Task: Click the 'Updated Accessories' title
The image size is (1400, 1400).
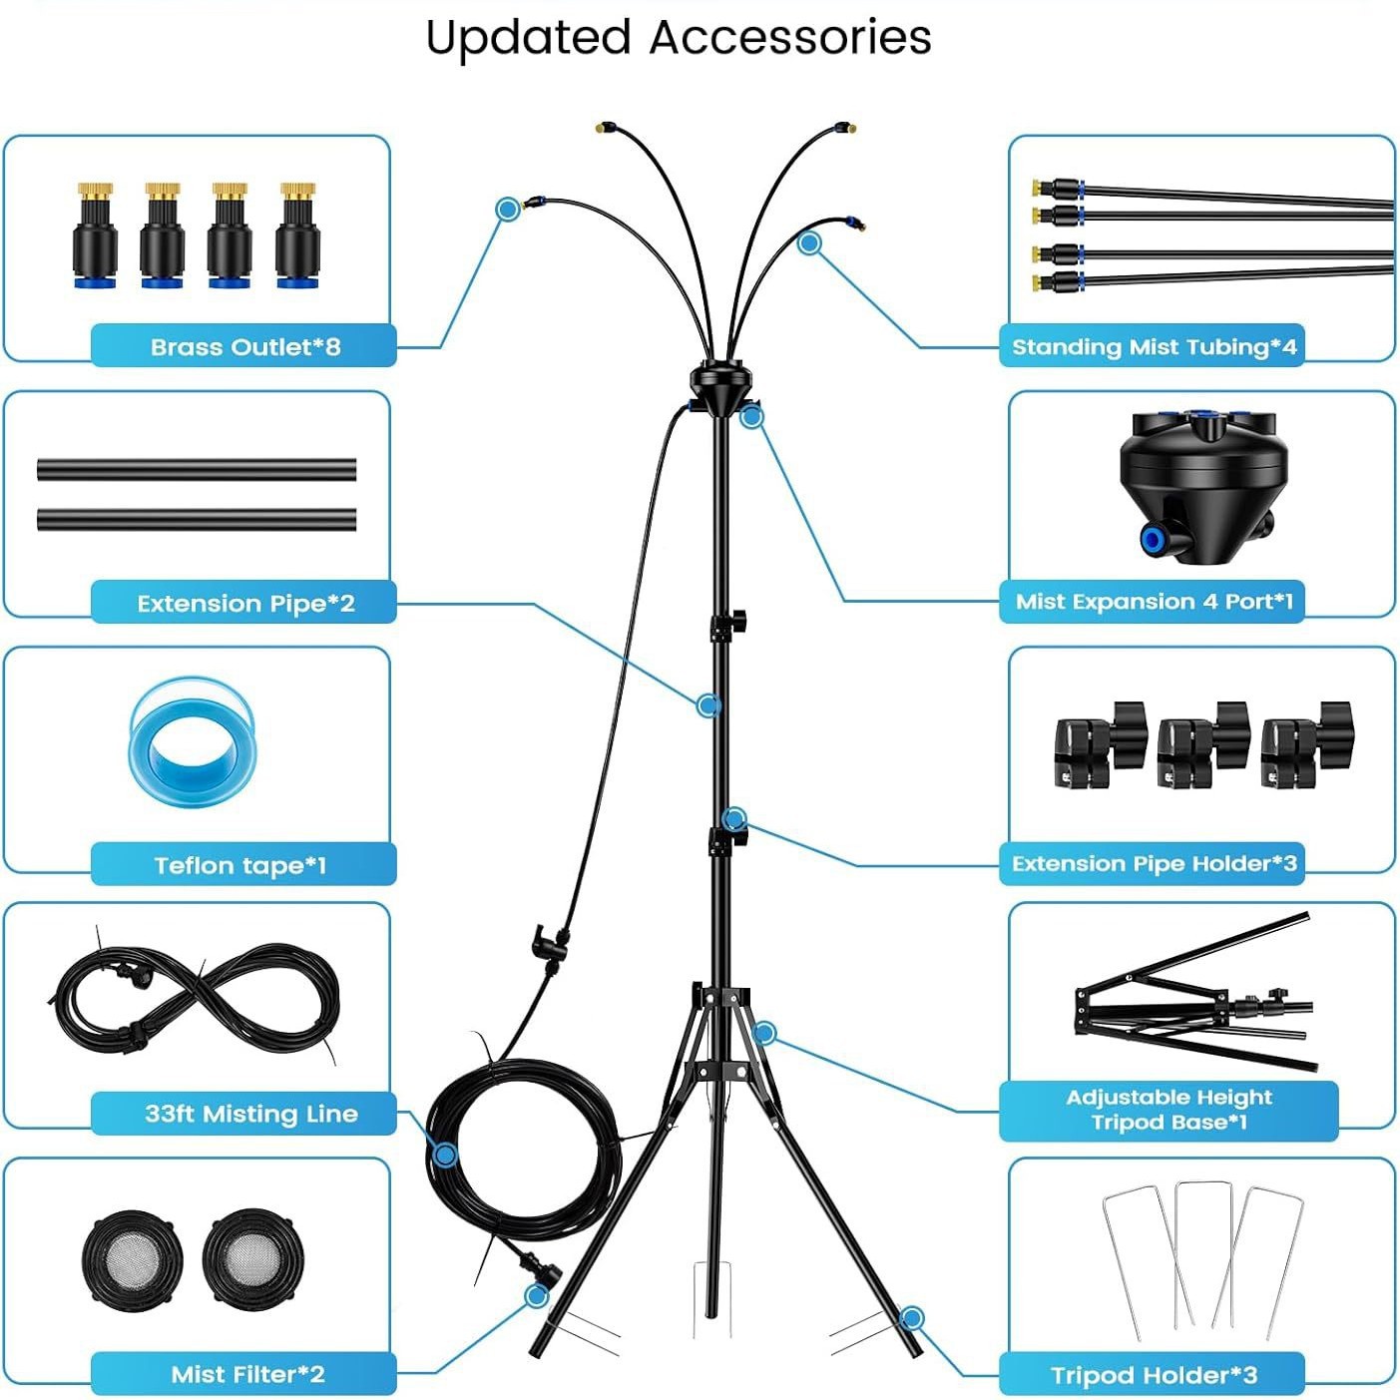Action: (679, 38)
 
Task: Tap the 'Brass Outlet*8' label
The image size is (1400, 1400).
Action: (244, 346)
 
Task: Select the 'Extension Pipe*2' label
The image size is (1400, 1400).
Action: (245, 603)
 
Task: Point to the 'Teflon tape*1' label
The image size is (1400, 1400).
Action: (240, 864)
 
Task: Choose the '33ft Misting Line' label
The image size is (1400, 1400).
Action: (250, 1113)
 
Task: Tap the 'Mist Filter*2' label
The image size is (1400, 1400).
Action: (247, 1374)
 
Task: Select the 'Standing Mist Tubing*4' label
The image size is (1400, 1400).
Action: (1154, 346)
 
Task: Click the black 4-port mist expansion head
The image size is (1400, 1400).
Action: (1203, 473)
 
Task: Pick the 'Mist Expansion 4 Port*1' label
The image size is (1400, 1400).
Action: (1154, 601)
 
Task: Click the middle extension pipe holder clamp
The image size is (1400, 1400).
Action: (1203, 744)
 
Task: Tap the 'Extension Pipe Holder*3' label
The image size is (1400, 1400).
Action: (1154, 863)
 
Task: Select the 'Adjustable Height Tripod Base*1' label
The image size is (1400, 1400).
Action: (1168, 1110)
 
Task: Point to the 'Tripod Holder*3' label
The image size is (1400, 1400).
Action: (1154, 1375)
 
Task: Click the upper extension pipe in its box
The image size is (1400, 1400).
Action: (197, 469)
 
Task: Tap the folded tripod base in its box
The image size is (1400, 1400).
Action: (1197, 994)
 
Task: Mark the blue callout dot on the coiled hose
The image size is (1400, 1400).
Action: (446, 1156)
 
